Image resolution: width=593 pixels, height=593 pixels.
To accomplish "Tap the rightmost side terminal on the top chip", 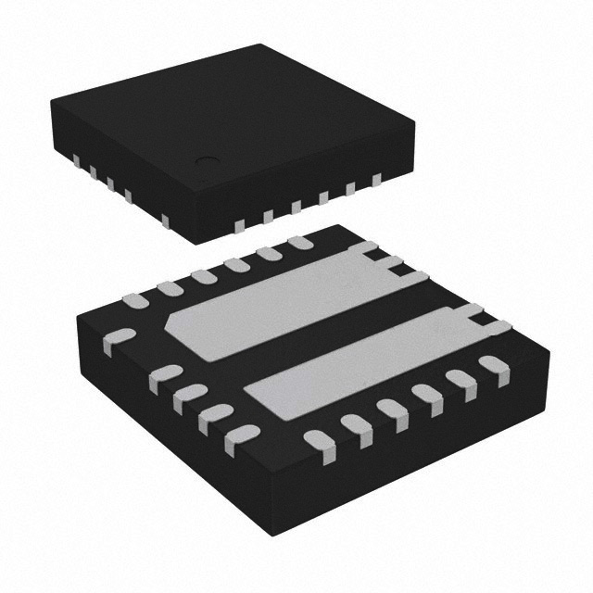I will tap(376, 180).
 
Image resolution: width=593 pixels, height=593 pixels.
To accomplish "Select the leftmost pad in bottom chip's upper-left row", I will tap(134, 298).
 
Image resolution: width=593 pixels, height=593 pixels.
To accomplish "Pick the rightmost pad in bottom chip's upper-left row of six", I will tap(298, 243).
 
